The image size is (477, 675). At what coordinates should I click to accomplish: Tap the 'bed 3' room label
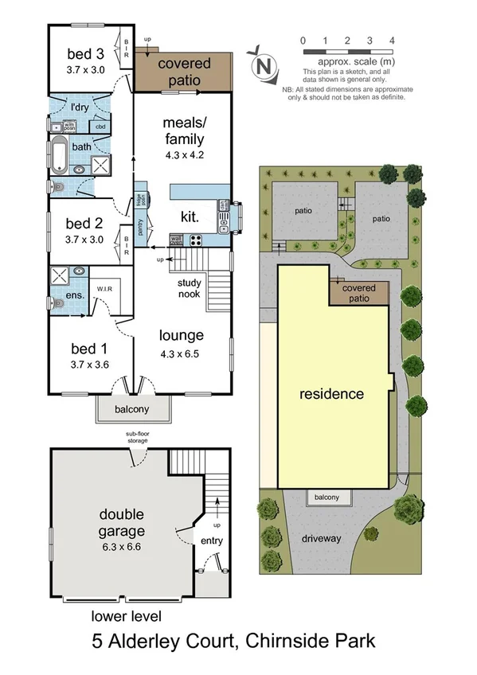pos(85,54)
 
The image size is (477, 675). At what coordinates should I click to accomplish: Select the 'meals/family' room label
pos(183,131)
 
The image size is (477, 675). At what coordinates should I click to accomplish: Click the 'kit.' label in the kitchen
pos(190,216)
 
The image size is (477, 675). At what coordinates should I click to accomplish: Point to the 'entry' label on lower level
pos(212,541)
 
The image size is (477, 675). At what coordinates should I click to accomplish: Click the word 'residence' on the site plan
pos(331,394)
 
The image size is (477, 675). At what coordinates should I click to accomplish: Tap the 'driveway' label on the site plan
pos(321,538)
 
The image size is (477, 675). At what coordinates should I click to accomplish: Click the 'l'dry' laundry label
pos(80,107)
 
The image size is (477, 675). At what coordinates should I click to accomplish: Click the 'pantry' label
pos(141,228)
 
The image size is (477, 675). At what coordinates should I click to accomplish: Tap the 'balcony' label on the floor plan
pos(133,409)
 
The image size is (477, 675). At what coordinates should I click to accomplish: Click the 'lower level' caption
pos(126,615)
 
